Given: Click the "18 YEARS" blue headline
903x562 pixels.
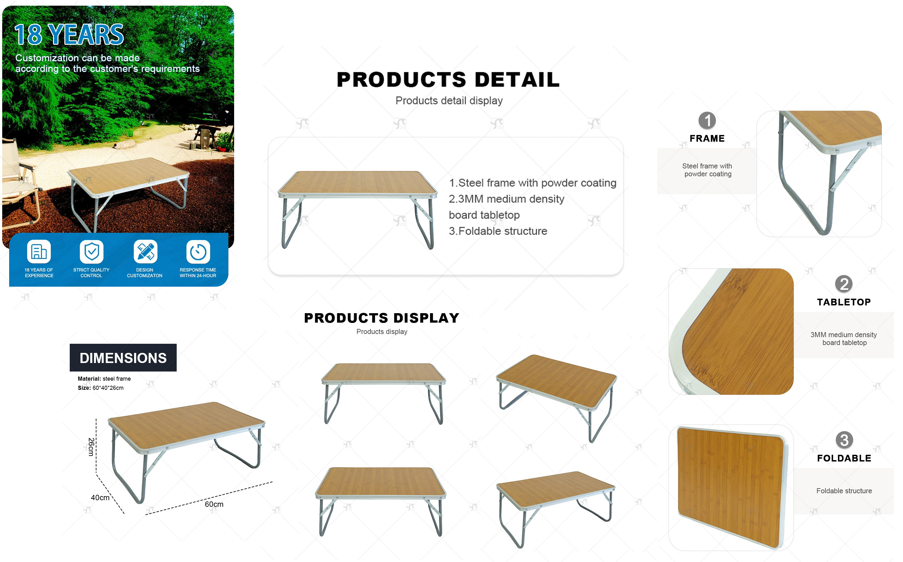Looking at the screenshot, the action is click(x=69, y=35).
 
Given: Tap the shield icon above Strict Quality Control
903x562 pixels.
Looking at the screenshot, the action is click(x=91, y=252).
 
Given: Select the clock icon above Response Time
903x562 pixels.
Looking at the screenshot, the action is click(x=198, y=252).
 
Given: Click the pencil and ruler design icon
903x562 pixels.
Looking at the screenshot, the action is click(x=145, y=252).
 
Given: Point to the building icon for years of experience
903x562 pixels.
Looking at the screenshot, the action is click(x=39, y=252).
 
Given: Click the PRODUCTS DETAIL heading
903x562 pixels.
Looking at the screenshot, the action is click(x=448, y=79).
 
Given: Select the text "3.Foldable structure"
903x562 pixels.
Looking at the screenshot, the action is click(x=498, y=231).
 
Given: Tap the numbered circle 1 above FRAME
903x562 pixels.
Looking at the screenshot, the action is click(x=707, y=120).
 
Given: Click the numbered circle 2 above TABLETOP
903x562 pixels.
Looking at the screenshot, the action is click(x=844, y=284).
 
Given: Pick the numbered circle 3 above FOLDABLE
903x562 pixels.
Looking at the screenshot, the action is click(x=844, y=440).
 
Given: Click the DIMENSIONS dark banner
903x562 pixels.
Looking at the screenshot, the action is click(x=123, y=358).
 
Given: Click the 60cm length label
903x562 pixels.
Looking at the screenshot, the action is click(x=214, y=504).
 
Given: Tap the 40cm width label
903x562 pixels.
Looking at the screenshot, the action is click(x=100, y=498).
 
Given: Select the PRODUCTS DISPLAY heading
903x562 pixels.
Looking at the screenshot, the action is click(x=382, y=318).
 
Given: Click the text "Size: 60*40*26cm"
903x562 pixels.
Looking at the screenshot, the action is click(x=101, y=388).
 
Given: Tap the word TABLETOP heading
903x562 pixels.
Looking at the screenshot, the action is click(x=844, y=302).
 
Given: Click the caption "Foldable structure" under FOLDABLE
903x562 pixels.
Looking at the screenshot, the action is click(x=844, y=491).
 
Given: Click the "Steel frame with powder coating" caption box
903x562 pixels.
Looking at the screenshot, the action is click(x=707, y=171).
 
